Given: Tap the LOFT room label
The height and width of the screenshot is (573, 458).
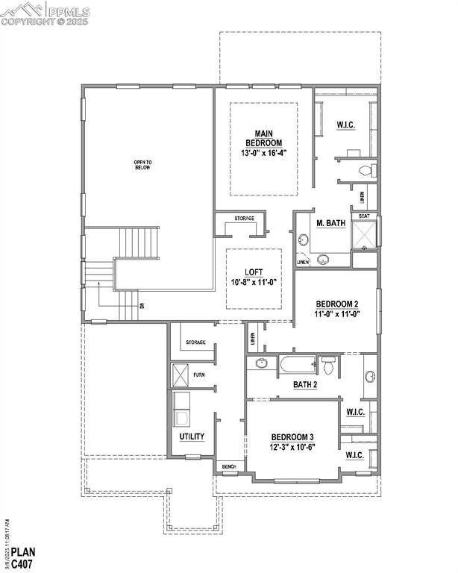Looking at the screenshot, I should click(254, 272).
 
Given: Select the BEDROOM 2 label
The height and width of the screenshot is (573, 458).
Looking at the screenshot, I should click(337, 304).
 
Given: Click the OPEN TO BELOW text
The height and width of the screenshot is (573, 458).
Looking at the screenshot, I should click(142, 165).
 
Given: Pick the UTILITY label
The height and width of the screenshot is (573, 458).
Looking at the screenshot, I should click(192, 436).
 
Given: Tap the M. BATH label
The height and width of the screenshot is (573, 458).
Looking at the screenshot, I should click(330, 223).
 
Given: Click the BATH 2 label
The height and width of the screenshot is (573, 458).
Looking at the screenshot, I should click(305, 384).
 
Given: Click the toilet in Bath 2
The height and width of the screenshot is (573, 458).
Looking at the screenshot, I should click(329, 365).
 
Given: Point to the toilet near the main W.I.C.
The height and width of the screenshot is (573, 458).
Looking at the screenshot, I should click(365, 171).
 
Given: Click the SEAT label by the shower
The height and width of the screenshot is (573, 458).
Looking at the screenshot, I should click(364, 216).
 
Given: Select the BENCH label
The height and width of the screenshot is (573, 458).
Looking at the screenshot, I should click(229, 467).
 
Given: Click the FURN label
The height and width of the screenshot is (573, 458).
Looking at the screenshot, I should click(199, 374).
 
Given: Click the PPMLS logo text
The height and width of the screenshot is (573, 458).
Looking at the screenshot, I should click(67, 11).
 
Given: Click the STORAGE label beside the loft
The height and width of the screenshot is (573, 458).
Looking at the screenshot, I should click(244, 219).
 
